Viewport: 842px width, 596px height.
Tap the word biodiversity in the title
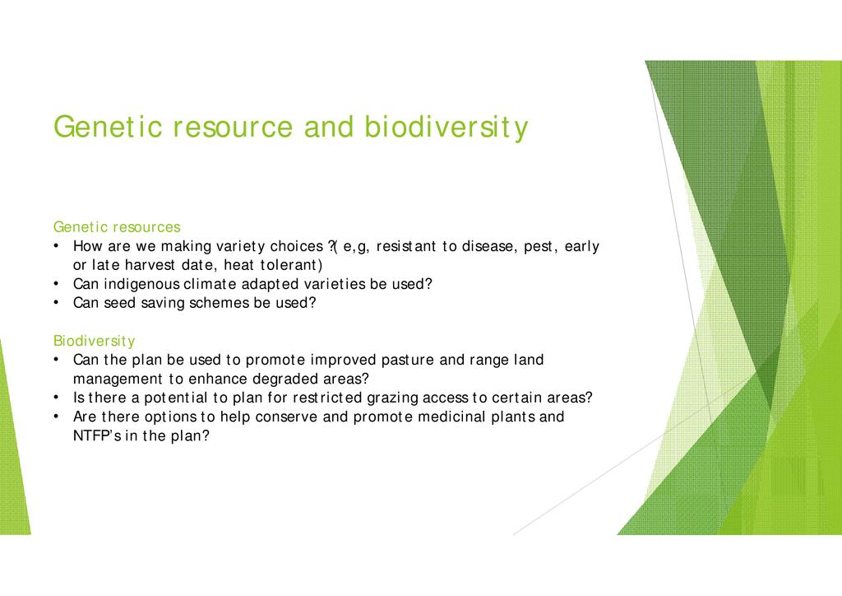pos(446,128)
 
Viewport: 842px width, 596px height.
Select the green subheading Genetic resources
pos(117,226)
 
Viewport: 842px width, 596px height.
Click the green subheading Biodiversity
pos(94,341)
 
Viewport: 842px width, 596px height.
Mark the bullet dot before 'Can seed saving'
pos(56,303)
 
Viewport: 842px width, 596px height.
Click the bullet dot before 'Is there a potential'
pos(56,398)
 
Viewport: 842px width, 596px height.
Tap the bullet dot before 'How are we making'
pos(56,246)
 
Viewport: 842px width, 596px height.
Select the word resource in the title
pos(233,128)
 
